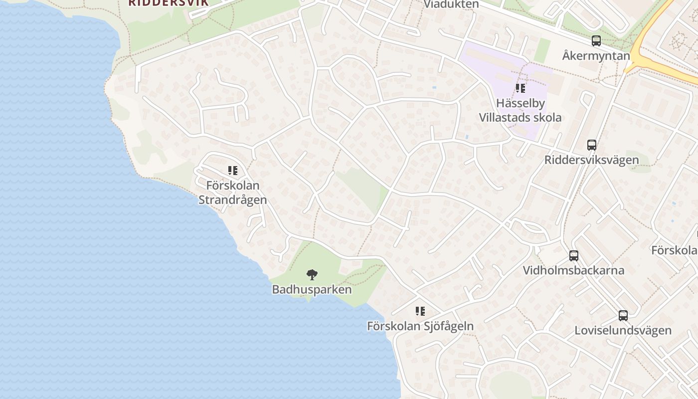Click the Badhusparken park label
[x=312, y=289]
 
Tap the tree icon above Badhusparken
[x=312, y=274]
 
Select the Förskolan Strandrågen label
[x=233, y=193]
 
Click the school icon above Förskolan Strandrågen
[x=233, y=171]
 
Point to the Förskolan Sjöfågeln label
[x=420, y=326]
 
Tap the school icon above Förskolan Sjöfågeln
[x=420, y=311]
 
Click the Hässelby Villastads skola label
[x=521, y=110]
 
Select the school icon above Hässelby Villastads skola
[x=521, y=89]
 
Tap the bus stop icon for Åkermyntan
[x=596, y=41]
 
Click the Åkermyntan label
[x=596, y=55]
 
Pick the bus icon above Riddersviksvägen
[x=592, y=145]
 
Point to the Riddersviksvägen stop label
[x=592, y=160]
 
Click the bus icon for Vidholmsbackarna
[x=574, y=256]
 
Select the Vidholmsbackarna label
[x=574, y=270]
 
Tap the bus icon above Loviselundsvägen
[x=623, y=315]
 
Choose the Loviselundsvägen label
[x=623, y=330]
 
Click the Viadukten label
[x=451, y=4]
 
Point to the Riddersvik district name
[x=168, y=2]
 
